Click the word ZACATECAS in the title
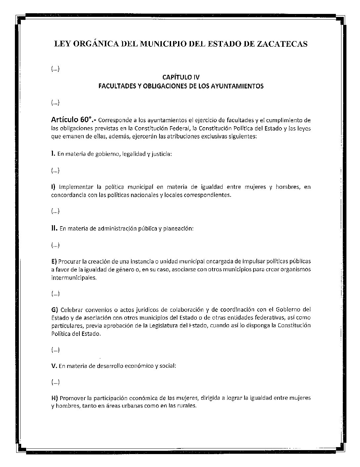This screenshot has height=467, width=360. (x=282, y=44)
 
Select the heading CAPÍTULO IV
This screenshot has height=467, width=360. (x=181, y=78)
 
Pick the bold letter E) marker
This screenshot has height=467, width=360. (x=54, y=261)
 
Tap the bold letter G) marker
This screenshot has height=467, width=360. (x=55, y=310)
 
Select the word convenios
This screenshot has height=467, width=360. (x=98, y=310)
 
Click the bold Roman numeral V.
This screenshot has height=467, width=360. (x=54, y=366)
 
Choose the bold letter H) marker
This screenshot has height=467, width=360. (x=55, y=398)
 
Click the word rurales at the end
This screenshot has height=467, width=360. (x=187, y=406)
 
